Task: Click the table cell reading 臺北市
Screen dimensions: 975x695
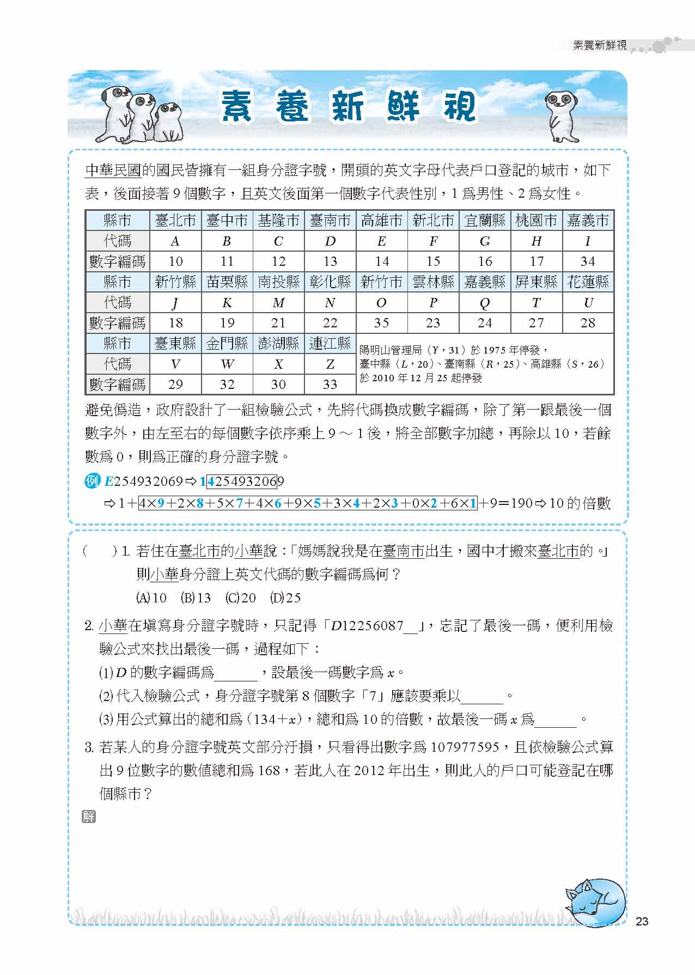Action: pyautogui.click(x=175, y=221)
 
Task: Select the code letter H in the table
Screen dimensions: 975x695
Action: pyautogui.click(x=537, y=241)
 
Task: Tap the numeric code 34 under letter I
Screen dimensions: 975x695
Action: pyautogui.click(x=588, y=261)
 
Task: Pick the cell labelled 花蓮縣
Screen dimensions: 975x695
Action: pyautogui.click(x=588, y=282)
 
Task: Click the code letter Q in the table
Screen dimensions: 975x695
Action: pyautogui.click(x=485, y=303)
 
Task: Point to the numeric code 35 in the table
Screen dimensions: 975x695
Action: pyautogui.click(x=381, y=323)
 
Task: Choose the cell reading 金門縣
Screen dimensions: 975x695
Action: pyautogui.click(x=227, y=344)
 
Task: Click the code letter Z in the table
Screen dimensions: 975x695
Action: pyautogui.click(x=330, y=364)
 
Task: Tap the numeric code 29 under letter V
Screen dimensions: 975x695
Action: pyautogui.click(x=175, y=385)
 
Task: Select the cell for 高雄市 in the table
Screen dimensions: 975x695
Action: pyautogui.click(x=381, y=221)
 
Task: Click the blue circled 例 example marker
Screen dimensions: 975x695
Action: pyautogui.click(x=93, y=482)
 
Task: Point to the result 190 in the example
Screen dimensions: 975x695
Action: pyautogui.click(x=521, y=503)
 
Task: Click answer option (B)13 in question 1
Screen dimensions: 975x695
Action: pyautogui.click(x=196, y=598)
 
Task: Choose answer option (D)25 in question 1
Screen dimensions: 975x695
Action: pyautogui.click(x=285, y=598)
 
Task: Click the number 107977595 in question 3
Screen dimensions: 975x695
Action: pyautogui.click(x=465, y=747)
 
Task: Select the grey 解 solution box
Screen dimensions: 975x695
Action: pyautogui.click(x=89, y=816)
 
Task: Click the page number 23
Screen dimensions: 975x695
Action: pyautogui.click(x=642, y=921)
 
